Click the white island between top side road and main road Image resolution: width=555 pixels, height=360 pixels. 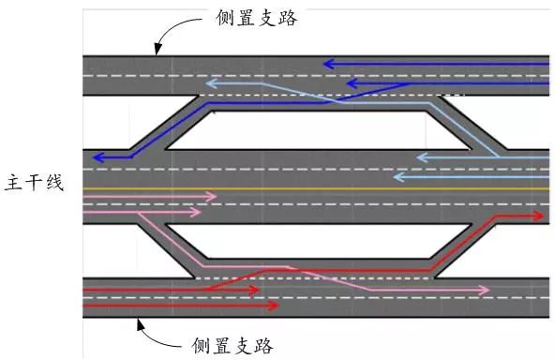pos(319,129)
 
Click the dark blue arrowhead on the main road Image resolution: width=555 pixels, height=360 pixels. pos(98,157)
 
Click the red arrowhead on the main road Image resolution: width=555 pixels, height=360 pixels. pos(538,215)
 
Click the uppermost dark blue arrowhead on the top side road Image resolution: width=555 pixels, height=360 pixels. pos(328,65)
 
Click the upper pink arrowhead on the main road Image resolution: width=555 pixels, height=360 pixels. pos(211,198)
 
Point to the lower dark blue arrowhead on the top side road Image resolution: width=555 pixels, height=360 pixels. pos(352,83)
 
